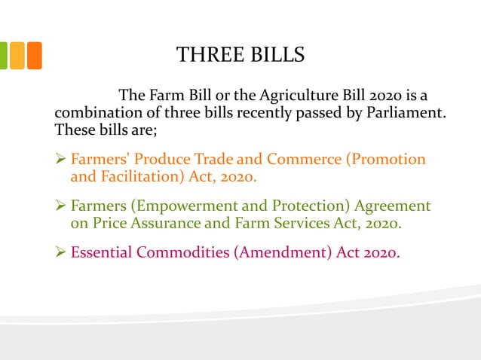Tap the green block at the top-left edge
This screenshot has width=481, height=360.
3,55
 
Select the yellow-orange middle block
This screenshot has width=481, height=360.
17,55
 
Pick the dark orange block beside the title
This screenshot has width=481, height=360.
34,55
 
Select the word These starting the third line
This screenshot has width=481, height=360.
73,130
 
